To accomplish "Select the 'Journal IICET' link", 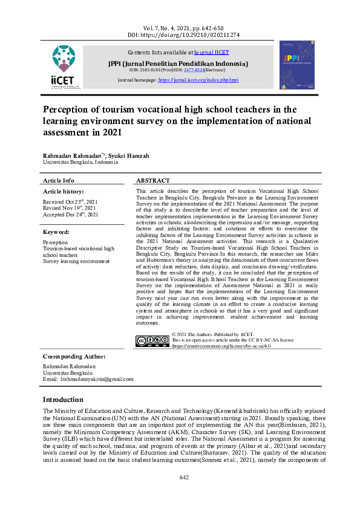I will [x=212, y=53].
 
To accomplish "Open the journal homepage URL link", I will [x=198, y=80].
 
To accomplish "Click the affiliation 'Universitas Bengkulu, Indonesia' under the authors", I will [x=80, y=163].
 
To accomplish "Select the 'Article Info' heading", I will [x=59, y=181].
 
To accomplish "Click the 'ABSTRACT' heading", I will [x=153, y=181].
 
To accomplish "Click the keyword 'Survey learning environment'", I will [x=76, y=261].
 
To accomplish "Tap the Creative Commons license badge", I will [x=152, y=341].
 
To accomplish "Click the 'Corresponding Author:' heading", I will [x=74, y=357].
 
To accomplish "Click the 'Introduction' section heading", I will [x=63, y=400].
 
